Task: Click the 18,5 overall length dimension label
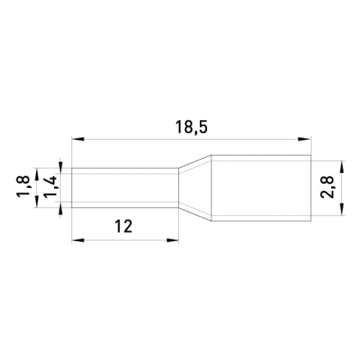click(191, 127)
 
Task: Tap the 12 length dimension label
click(124, 226)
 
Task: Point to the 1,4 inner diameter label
click(50, 187)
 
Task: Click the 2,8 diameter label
click(327, 187)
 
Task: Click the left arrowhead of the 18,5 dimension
click(78, 139)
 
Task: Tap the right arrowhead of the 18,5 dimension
click(304, 139)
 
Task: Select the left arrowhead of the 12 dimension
click(78, 241)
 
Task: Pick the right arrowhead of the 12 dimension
click(173, 241)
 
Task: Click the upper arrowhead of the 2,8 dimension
click(342, 167)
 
